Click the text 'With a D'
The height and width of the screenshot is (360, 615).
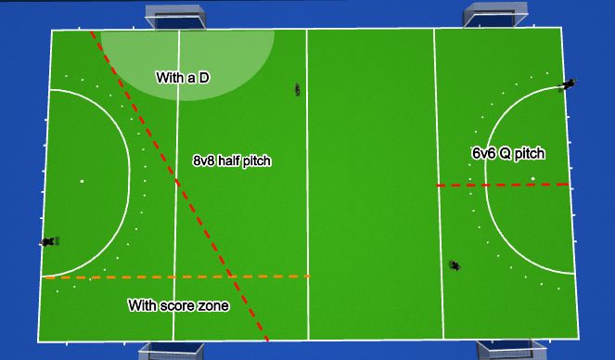[x=181, y=78]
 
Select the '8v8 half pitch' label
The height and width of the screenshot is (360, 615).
[x=232, y=161]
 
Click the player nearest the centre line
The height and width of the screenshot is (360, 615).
[x=298, y=89]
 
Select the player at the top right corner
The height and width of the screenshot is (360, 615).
[x=568, y=85]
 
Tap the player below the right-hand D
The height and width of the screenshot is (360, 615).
[x=455, y=265]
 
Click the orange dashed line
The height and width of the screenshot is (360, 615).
[x=176, y=276]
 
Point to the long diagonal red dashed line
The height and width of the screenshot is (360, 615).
[x=176, y=181]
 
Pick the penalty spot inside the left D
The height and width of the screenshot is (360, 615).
[x=82, y=181]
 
